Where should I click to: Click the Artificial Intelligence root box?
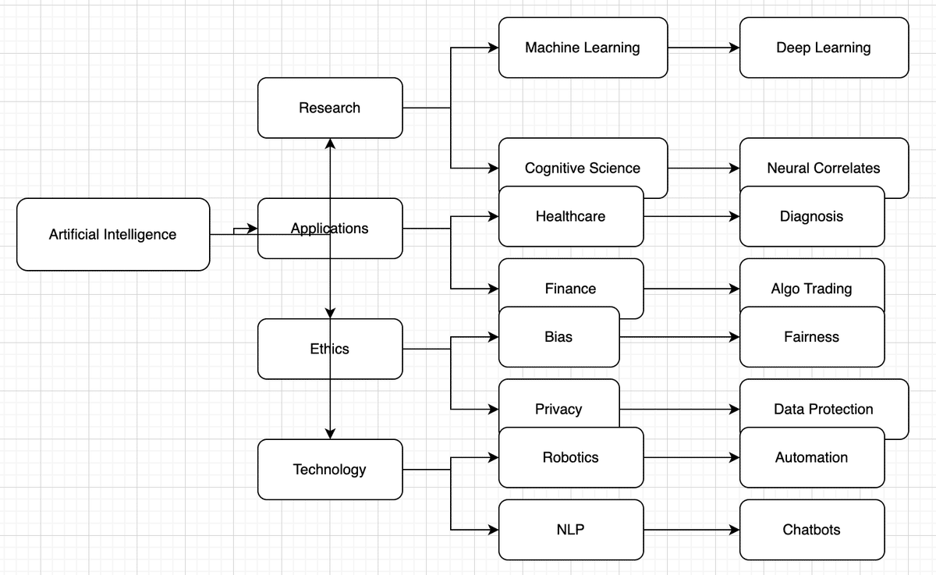113,234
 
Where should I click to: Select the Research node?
330,108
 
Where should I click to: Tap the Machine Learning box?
583,48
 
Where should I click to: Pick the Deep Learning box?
824,48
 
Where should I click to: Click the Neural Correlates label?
824,168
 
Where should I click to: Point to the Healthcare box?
571,216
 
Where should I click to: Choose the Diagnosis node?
812,216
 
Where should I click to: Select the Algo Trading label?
812,288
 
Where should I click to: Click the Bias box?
558,337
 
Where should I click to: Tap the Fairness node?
812,337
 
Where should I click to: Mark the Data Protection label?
824,409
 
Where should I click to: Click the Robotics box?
571,457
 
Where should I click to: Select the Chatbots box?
812,530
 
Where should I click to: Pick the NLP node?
571,530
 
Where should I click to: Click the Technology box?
330,470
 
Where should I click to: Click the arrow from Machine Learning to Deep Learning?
703,48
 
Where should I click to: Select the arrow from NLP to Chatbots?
691,530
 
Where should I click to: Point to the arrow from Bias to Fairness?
679,337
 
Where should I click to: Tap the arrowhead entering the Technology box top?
330,433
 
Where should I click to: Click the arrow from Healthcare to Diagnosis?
691,216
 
